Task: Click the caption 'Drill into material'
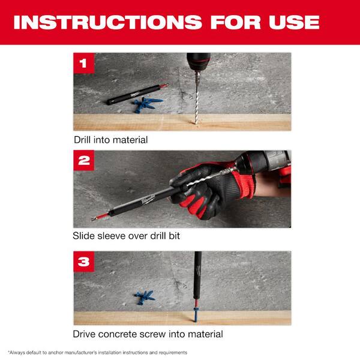pyautogui.click(x=110, y=140)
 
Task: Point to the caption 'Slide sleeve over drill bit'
pyautogui.click(x=127, y=236)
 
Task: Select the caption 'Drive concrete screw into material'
pyautogui.click(x=148, y=334)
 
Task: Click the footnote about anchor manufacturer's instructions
pyautogui.click(x=98, y=352)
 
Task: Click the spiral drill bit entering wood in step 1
pyautogui.click(x=196, y=105)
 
